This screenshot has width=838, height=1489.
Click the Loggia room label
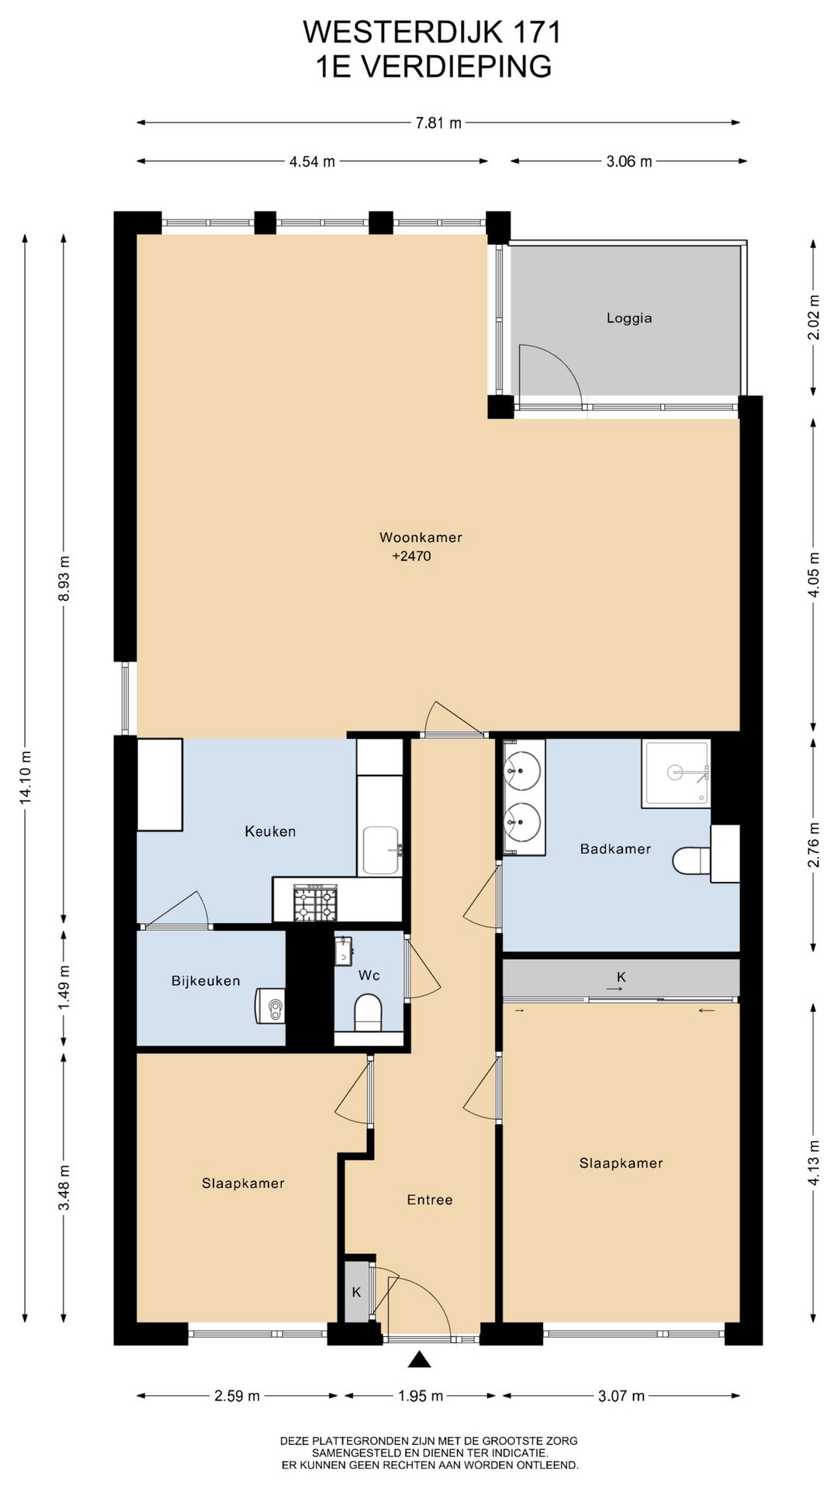coord(629,318)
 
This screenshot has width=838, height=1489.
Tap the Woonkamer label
coord(421,537)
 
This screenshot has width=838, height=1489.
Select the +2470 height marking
coord(411,556)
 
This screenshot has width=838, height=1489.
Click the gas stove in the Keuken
coord(316,903)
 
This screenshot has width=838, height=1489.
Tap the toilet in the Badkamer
coord(691,860)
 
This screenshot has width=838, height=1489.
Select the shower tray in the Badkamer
coord(676,773)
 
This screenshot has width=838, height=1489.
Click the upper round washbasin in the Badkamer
coord(523,769)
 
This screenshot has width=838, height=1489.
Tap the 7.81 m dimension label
coord(439,123)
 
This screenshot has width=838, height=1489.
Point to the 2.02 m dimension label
coord(813,317)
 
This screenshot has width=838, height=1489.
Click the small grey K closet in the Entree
coord(357,1292)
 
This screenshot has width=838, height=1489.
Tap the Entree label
coord(430,1200)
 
